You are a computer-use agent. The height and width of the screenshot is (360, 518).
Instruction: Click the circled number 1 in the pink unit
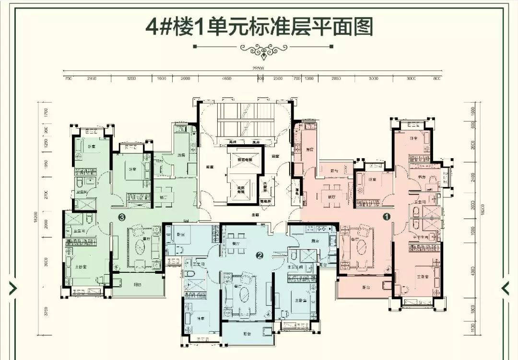pos(387,217)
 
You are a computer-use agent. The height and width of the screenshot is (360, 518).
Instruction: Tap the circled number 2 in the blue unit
pos(259,255)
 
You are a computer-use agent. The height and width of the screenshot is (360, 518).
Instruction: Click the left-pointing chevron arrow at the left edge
pos(13,288)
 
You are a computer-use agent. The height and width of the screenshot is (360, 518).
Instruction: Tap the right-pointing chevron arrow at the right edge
pos(506,288)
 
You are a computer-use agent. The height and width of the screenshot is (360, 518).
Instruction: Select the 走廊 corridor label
pos(255,215)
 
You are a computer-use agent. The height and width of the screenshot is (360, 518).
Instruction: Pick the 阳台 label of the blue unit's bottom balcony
pos(247,333)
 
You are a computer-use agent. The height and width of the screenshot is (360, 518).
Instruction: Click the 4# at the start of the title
pos(158,27)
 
